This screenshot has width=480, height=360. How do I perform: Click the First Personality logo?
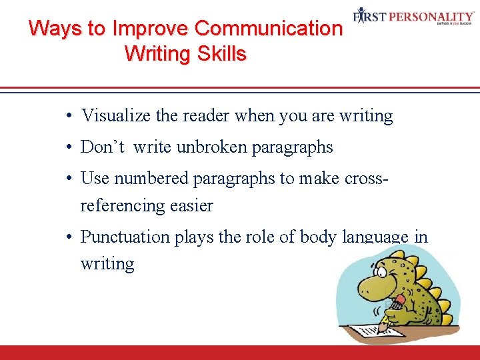point(413,15)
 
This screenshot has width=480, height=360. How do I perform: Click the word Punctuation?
point(125,237)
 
